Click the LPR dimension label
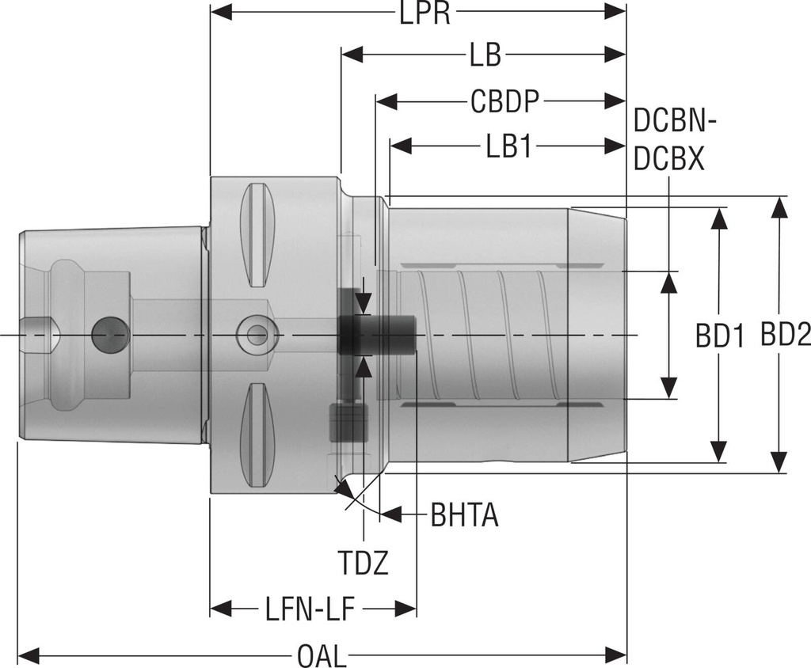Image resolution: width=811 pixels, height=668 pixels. [x=419, y=13]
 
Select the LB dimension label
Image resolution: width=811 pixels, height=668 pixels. [x=484, y=56]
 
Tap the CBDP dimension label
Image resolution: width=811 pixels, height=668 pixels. [x=504, y=101]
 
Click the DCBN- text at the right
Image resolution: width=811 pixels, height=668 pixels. [x=676, y=123]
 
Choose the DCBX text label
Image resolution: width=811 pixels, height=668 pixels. [x=669, y=160]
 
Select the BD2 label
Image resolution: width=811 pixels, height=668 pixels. [x=786, y=336]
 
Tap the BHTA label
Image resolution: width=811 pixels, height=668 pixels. [x=464, y=516]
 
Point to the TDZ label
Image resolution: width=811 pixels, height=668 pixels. [x=364, y=564]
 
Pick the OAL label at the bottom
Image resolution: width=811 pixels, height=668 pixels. [x=322, y=656]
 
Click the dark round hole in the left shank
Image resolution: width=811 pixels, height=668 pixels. [x=109, y=336]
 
